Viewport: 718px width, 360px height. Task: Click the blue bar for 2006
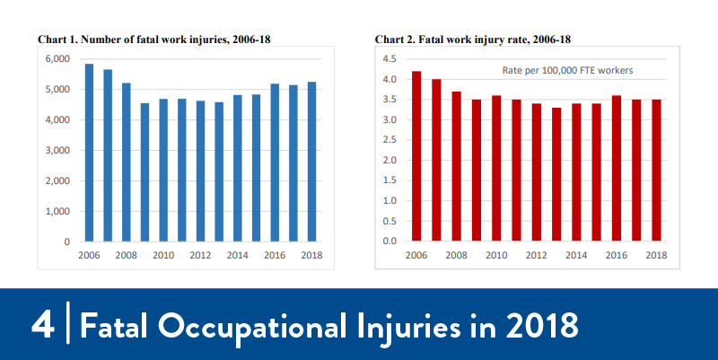(89, 153)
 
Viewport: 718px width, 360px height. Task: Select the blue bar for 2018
(311, 162)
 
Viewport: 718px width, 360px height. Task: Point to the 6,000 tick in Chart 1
(57, 59)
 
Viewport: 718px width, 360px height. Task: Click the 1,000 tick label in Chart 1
(57, 212)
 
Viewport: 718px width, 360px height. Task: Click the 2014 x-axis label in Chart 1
(237, 256)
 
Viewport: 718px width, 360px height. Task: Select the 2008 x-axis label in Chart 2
(455, 256)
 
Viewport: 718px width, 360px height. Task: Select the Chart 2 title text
(472, 40)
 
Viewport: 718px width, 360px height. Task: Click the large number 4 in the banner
(41, 324)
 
